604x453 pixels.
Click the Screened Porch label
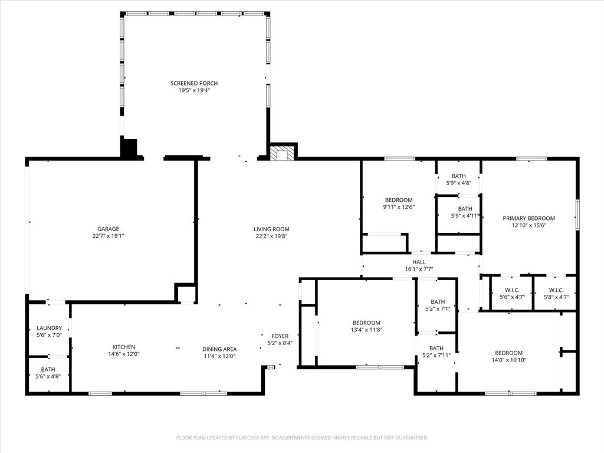[x=190, y=83]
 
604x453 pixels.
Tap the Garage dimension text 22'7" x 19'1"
[x=108, y=236]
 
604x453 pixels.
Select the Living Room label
[x=271, y=229]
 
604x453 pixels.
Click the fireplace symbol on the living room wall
[x=282, y=153]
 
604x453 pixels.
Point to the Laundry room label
[x=49, y=328]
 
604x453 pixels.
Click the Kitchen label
[x=124, y=347]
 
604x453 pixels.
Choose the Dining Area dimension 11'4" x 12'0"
[x=219, y=356]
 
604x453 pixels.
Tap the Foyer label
[x=280, y=336]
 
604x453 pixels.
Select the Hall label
[x=419, y=262]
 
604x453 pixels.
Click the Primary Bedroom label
[x=528, y=218]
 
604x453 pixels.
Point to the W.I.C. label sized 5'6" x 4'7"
[x=511, y=290]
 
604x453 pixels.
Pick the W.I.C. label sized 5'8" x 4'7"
[x=556, y=290]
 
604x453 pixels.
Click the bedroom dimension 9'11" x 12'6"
[x=399, y=207]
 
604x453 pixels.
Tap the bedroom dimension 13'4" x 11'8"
[x=366, y=330]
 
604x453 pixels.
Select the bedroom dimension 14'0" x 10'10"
[x=508, y=360]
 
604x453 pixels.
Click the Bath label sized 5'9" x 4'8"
[x=458, y=176]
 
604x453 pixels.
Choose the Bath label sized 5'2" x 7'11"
[x=436, y=348]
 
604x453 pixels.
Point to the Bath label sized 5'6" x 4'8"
[x=48, y=369]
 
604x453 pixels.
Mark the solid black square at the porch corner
[x=129, y=147]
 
